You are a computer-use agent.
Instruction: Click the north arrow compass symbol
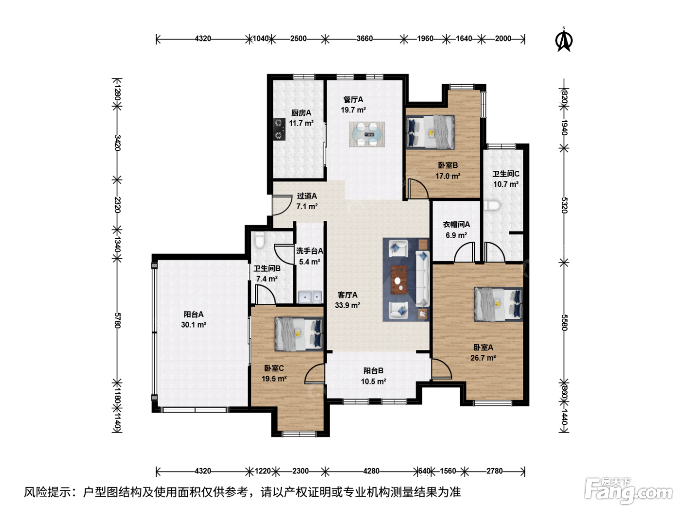(x=564, y=40)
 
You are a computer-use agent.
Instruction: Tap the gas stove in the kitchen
(x=279, y=129)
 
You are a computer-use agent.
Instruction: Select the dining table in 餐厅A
(x=367, y=134)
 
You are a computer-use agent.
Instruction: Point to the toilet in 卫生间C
(x=492, y=205)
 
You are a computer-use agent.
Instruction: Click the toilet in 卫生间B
(x=259, y=240)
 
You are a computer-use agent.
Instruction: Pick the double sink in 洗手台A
(x=310, y=296)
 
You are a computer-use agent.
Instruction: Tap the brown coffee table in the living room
(x=399, y=279)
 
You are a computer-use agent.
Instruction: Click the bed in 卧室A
(x=498, y=304)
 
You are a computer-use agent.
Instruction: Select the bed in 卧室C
(x=299, y=334)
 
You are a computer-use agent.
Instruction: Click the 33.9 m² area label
(x=347, y=305)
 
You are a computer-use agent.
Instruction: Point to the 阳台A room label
(x=194, y=314)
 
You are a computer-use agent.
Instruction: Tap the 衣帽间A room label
(x=456, y=224)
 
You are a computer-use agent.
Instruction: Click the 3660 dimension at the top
(x=364, y=38)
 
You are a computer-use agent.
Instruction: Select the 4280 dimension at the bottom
(x=371, y=471)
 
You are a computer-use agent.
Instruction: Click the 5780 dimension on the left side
(x=117, y=321)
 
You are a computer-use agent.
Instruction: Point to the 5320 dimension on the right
(x=564, y=205)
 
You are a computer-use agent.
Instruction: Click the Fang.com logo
(x=628, y=491)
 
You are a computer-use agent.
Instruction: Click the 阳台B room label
(x=374, y=371)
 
